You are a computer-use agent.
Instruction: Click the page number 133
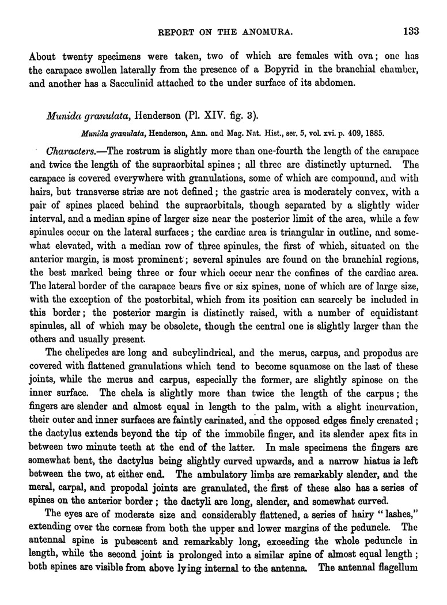411,31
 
